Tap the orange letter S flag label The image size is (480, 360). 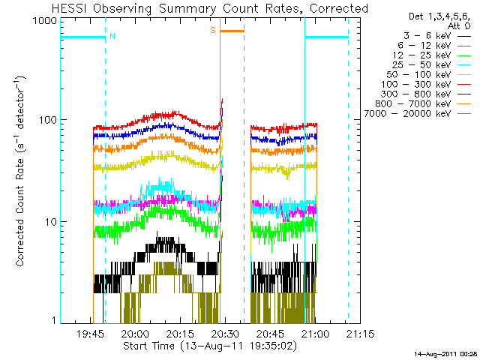213,30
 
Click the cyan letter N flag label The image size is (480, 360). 112,35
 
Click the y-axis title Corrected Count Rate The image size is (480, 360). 21,171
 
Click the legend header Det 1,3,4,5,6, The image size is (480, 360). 425,16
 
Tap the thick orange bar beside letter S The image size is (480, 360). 232,31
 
